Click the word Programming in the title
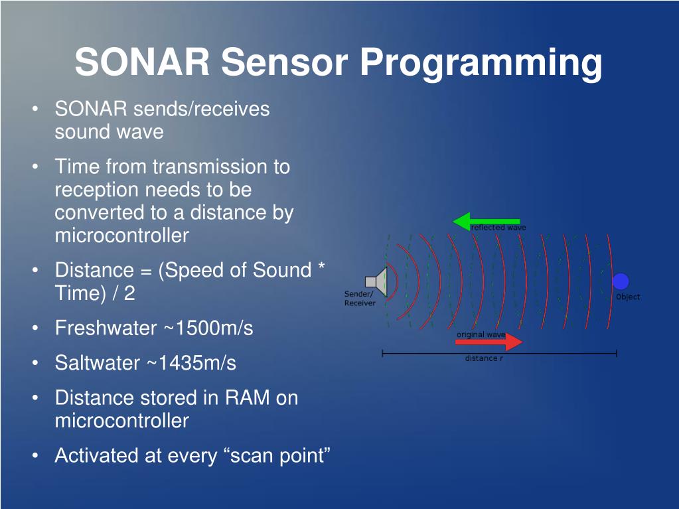481,63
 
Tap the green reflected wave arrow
487,221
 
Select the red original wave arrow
489,342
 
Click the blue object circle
621,281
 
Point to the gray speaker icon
376,282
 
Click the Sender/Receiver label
360,298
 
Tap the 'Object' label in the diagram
628,297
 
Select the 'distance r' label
484,358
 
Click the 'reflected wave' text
498,227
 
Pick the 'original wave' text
481,334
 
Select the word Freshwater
106,328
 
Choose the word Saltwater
98,363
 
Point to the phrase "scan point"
279,456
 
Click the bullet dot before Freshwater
35,328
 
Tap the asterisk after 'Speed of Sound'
321,265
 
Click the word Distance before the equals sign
94,270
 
